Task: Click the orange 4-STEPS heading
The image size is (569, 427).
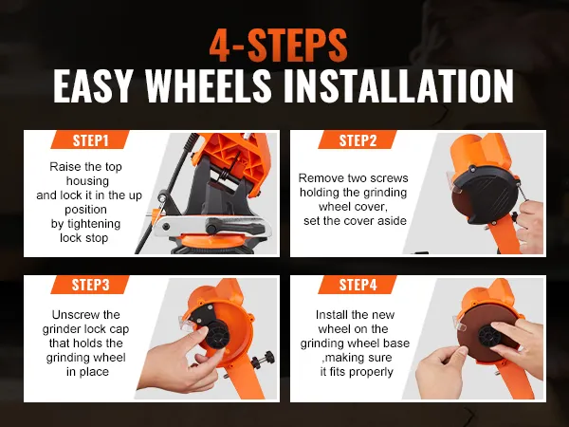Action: click(284, 45)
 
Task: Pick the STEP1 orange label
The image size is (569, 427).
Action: click(93, 140)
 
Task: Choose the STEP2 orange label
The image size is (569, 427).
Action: click(359, 140)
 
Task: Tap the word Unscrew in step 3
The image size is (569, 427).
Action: click(74, 314)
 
